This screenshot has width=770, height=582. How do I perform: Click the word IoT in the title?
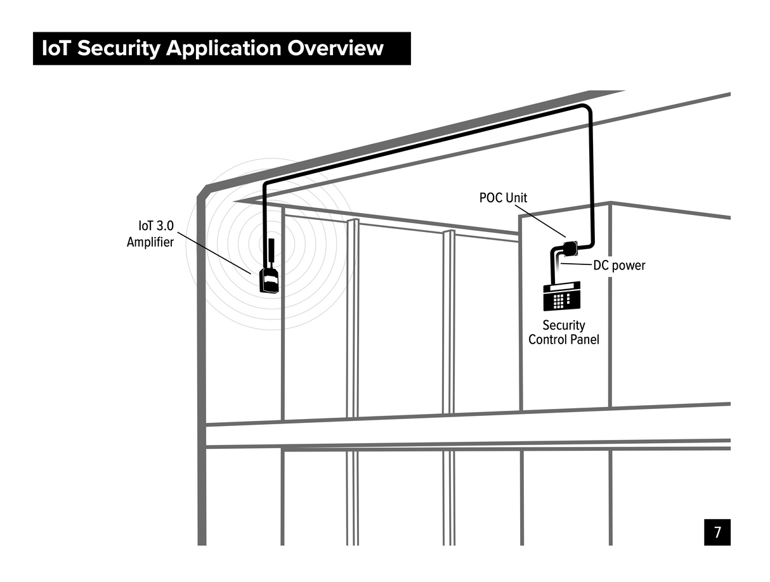pyautogui.click(x=56, y=49)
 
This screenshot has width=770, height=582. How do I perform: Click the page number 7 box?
pyautogui.click(x=717, y=532)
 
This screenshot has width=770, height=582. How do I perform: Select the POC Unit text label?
pyautogui.click(x=503, y=198)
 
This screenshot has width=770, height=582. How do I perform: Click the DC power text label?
pyautogui.click(x=619, y=265)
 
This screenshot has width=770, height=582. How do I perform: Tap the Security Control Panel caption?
pyautogui.click(x=563, y=332)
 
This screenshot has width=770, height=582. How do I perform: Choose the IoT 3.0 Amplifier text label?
pyautogui.click(x=150, y=233)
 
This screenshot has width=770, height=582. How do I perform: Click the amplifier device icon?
pyautogui.click(x=270, y=280)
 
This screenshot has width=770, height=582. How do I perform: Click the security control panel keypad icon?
pyautogui.click(x=561, y=297)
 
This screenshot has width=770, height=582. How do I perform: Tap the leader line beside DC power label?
pyautogui.click(x=576, y=264)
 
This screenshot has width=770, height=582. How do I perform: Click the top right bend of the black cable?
pyautogui.click(x=588, y=110)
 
